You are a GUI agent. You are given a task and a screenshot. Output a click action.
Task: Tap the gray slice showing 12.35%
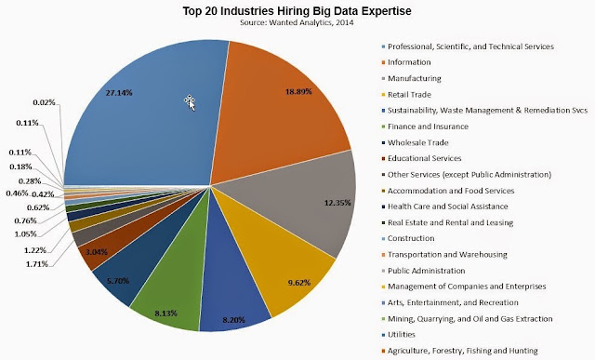pyautogui.click(x=304, y=201)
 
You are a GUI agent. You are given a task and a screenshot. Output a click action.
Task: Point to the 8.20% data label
pyautogui.click(x=233, y=320)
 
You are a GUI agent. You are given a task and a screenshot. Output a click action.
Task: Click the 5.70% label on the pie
pyautogui.click(x=118, y=281)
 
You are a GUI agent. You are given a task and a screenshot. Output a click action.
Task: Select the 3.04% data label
pyautogui.click(x=96, y=252)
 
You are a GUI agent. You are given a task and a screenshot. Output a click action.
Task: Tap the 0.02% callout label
pyautogui.click(x=44, y=102)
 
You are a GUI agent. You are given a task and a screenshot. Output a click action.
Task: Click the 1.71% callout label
pyautogui.click(x=37, y=263)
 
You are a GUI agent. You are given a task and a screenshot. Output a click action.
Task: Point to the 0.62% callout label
pyautogui.click(x=38, y=207)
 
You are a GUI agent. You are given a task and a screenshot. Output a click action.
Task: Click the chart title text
pyautogui.click(x=297, y=10)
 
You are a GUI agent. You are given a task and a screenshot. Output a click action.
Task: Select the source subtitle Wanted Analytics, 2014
pyautogui.click(x=297, y=22)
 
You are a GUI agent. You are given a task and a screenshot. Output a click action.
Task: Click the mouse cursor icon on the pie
pyautogui.click(x=190, y=102)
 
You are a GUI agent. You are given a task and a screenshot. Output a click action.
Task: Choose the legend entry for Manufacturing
pyautogui.click(x=411, y=79)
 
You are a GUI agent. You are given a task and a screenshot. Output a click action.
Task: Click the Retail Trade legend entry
pyautogui.click(x=406, y=95)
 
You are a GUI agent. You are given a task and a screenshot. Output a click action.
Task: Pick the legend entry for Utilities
pyautogui.click(x=398, y=335)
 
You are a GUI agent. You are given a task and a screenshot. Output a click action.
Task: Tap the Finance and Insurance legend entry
pyautogui.click(x=425, y=127)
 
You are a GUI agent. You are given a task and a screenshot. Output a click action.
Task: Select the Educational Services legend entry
pyautogui.click(x=421, y=158)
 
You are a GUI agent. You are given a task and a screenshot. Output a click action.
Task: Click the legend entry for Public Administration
pyautogui.click(x=423, y=271)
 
